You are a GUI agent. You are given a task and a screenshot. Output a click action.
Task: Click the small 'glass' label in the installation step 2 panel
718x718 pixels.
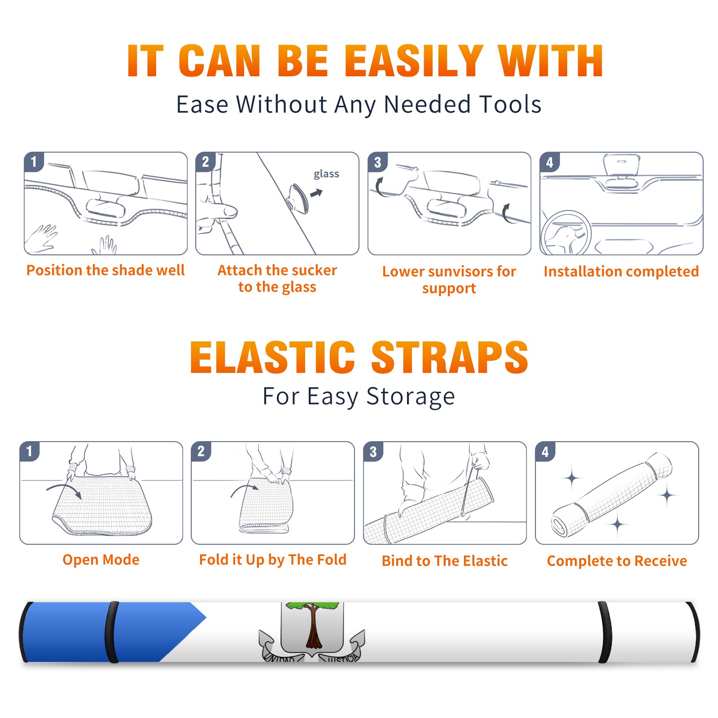(326, 174)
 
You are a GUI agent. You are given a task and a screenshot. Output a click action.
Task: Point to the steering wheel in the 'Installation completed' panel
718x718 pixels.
(566, 233)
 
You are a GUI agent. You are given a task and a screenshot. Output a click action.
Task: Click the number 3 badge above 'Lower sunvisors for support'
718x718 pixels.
(377, 162)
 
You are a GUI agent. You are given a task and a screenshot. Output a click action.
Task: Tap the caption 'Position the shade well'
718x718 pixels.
(105, 270)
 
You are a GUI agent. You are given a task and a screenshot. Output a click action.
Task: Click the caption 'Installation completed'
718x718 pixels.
(621, 271)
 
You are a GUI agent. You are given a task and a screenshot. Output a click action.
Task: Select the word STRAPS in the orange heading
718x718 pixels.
(450, 357)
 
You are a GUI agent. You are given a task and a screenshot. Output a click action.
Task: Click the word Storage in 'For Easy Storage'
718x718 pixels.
(411, 397)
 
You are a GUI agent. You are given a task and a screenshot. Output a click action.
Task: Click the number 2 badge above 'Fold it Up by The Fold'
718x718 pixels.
(201, 451)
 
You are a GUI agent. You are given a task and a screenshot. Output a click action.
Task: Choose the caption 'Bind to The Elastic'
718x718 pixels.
(444, 561)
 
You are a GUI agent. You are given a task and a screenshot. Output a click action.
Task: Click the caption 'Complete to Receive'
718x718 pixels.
(617, 561)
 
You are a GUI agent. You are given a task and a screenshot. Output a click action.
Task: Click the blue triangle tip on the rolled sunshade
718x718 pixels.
(206, 617)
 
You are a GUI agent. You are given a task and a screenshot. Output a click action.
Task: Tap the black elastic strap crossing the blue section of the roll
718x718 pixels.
(112, 632)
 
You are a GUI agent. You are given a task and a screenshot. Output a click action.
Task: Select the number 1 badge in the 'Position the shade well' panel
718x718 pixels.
(34, 162)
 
